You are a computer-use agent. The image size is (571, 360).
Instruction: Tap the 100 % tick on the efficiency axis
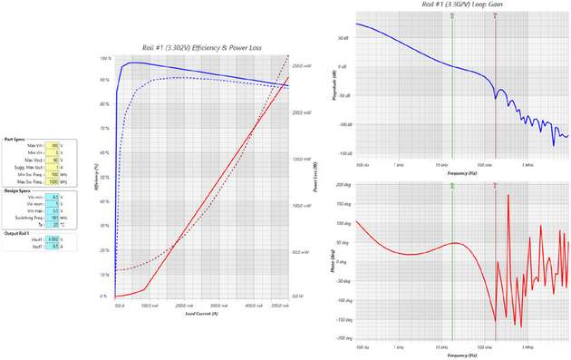(x=107, y=58)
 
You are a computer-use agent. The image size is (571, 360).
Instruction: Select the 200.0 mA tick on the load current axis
(x=181, y=306)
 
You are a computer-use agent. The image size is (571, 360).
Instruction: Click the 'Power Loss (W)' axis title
(x=315, y=178)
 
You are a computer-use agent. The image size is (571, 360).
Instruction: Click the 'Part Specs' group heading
(x=15, y=140)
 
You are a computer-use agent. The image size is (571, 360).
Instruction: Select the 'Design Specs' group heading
(x=17, y=191)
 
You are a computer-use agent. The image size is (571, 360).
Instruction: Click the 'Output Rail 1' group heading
(x=18, y=234)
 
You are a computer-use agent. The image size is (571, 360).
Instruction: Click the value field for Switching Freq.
(x=54, y=218)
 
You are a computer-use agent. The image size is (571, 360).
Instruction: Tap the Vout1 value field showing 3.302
(x=54, y=239)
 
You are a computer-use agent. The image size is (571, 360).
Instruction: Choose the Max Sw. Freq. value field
(x=54, y=182)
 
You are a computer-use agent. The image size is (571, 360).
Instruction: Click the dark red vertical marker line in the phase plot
(x=496, y=263)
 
